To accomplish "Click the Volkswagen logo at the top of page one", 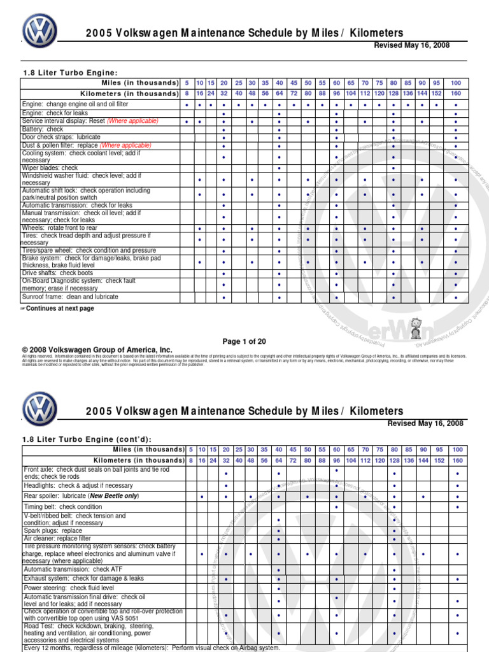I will [39, 31].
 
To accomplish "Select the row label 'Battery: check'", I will [43, 129].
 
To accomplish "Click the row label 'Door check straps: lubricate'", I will [61, 137].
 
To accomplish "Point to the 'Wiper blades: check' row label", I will [50, 168].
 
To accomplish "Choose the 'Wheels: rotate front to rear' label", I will [60, 228].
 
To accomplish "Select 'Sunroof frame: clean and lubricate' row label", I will [70, 297].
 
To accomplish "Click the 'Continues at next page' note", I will [60, 308].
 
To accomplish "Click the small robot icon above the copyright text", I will [416, 329].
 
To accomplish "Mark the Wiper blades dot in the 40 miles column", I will [280, 168].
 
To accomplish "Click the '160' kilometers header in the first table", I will [456, 93].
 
